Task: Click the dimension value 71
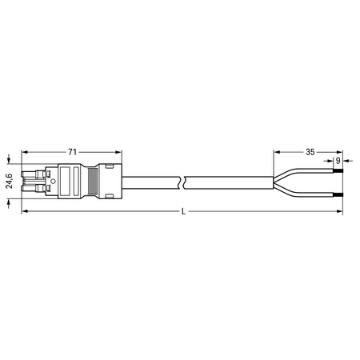(72, 152)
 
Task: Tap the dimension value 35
(310, 152)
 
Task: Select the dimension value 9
(338, 161)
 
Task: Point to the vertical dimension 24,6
(10, 181)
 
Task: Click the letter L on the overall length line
(183, 212)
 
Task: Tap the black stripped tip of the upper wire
(338, 170)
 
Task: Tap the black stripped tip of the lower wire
(338, 194)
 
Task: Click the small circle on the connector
(53, 182)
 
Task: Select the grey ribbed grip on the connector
(93, 182)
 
